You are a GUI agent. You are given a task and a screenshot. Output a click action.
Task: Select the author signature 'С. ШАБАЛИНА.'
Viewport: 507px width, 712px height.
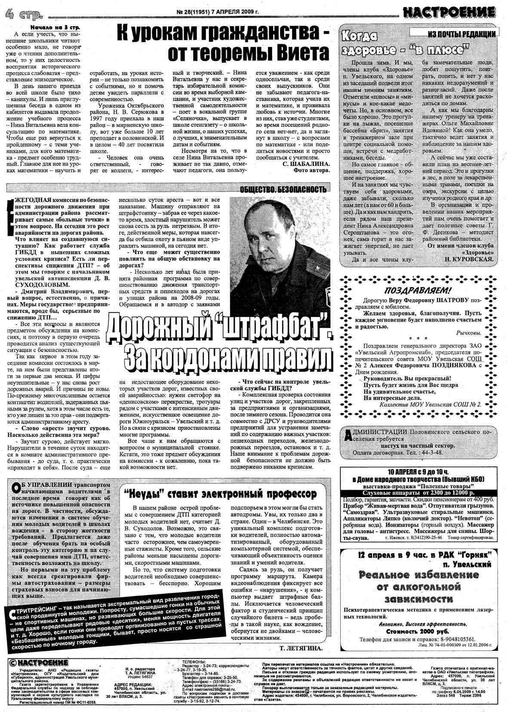click(306, 164)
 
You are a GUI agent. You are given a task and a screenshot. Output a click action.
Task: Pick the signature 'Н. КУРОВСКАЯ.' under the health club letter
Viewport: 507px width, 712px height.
click(469, 259)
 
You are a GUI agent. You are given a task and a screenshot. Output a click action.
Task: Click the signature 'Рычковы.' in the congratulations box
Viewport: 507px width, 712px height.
click(469, 333)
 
